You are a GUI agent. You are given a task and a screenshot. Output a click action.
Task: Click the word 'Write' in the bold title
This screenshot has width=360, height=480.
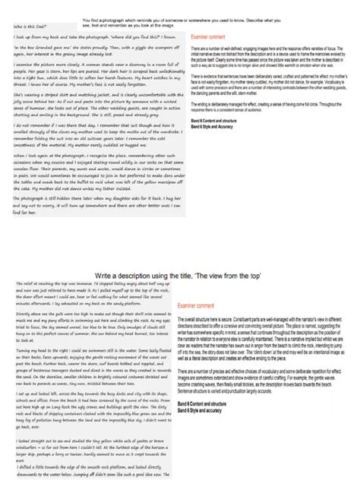106,278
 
